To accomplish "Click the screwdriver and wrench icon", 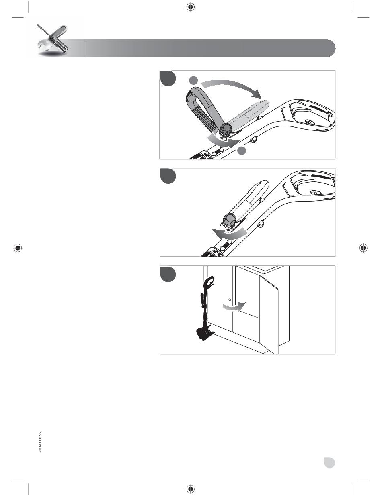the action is [52, 40].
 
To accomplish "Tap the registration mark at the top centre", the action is [191, 7].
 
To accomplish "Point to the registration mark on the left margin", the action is [18, 248].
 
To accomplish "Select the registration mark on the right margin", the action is [364, 248].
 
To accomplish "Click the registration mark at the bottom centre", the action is [191, 488].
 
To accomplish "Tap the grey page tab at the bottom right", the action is [329, 462].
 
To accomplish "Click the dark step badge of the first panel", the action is [168, 78].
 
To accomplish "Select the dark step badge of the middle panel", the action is [168, 176].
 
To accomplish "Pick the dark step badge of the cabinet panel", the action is [168, 274].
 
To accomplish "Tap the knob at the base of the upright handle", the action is [226, 129].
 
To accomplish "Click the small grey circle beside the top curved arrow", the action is [194, 80].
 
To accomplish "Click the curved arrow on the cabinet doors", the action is [234, 307].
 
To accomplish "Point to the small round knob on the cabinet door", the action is [230, 300].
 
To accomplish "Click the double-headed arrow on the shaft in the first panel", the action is [218, 151].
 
